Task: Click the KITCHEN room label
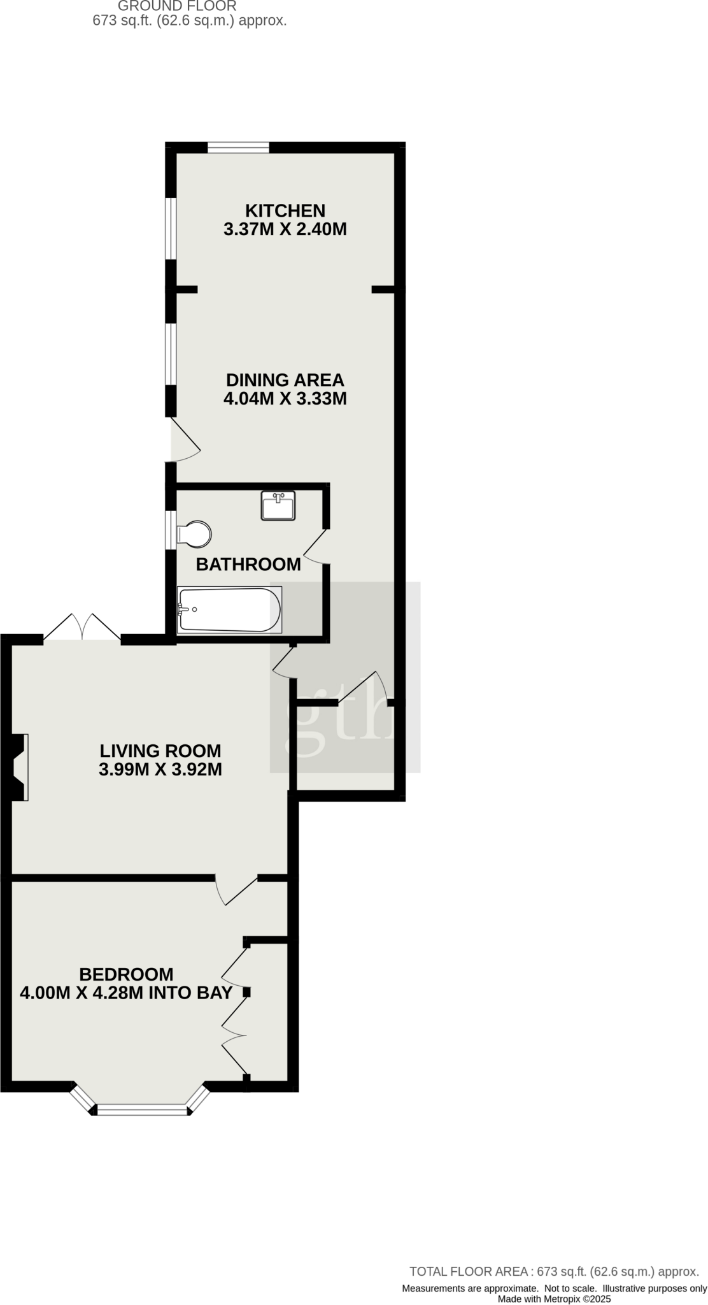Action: (x=285, y=210)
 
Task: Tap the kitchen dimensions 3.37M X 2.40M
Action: (x=285, y=229)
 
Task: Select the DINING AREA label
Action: (x=285, y=380)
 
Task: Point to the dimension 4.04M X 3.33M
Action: (x=285, y=400)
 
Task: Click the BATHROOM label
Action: (x=248, y=565)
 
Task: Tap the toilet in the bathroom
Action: (x=194, y=535)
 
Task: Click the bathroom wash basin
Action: (x=278, y=505)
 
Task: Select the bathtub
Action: (x=229, y=610)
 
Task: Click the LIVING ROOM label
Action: (x=160, y=750)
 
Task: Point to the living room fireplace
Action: (x=19, y=767)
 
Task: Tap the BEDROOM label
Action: (x=126, y=974)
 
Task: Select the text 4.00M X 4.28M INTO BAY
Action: (x=126, y=993)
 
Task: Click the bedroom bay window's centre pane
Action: (x=143, y=1111)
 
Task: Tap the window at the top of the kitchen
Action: (x=238, y=148)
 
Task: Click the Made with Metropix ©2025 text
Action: (x=554, y=1299)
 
